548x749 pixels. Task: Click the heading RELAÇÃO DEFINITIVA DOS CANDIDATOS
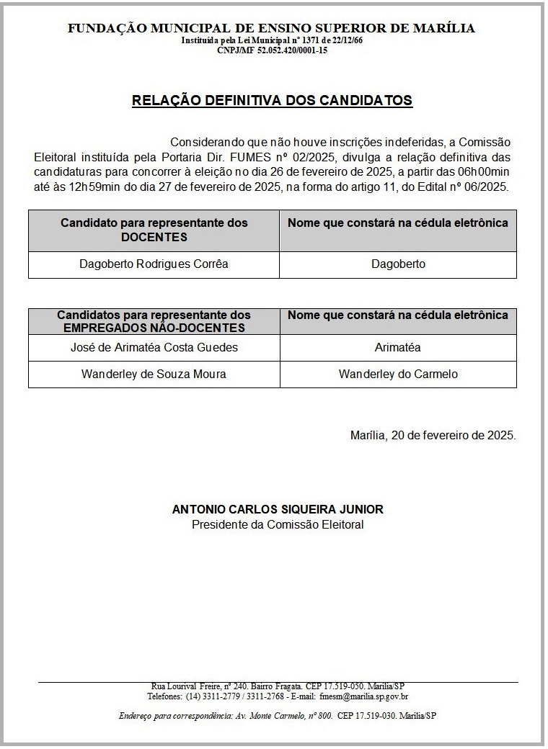(272, 100)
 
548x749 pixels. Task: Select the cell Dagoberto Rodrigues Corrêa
(154, 264)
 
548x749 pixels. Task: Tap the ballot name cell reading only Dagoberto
(398, 264)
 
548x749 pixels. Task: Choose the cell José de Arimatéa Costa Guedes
(154, 348)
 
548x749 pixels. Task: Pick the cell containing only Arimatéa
(398, 348)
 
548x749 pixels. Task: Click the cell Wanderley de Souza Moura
(154, 374)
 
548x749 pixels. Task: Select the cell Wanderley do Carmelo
(398, 374)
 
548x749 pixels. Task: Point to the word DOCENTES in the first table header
(154, 237)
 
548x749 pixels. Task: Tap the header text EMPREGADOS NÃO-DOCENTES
(154, 328)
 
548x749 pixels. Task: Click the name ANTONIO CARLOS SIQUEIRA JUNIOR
(278, 509)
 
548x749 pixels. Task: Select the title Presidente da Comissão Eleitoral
(278, 524)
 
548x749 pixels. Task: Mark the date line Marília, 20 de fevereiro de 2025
(433, 436)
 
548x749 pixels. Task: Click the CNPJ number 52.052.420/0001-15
(287, 50)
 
